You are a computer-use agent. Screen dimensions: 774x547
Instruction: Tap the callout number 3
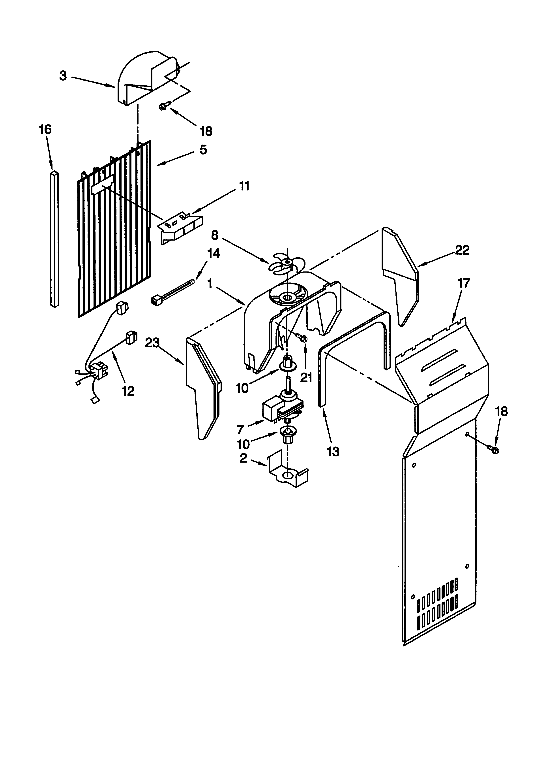click(63, 76)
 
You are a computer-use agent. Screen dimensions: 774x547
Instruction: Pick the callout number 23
click(152, 343)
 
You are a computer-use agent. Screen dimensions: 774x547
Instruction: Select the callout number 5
click(203, 150)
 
